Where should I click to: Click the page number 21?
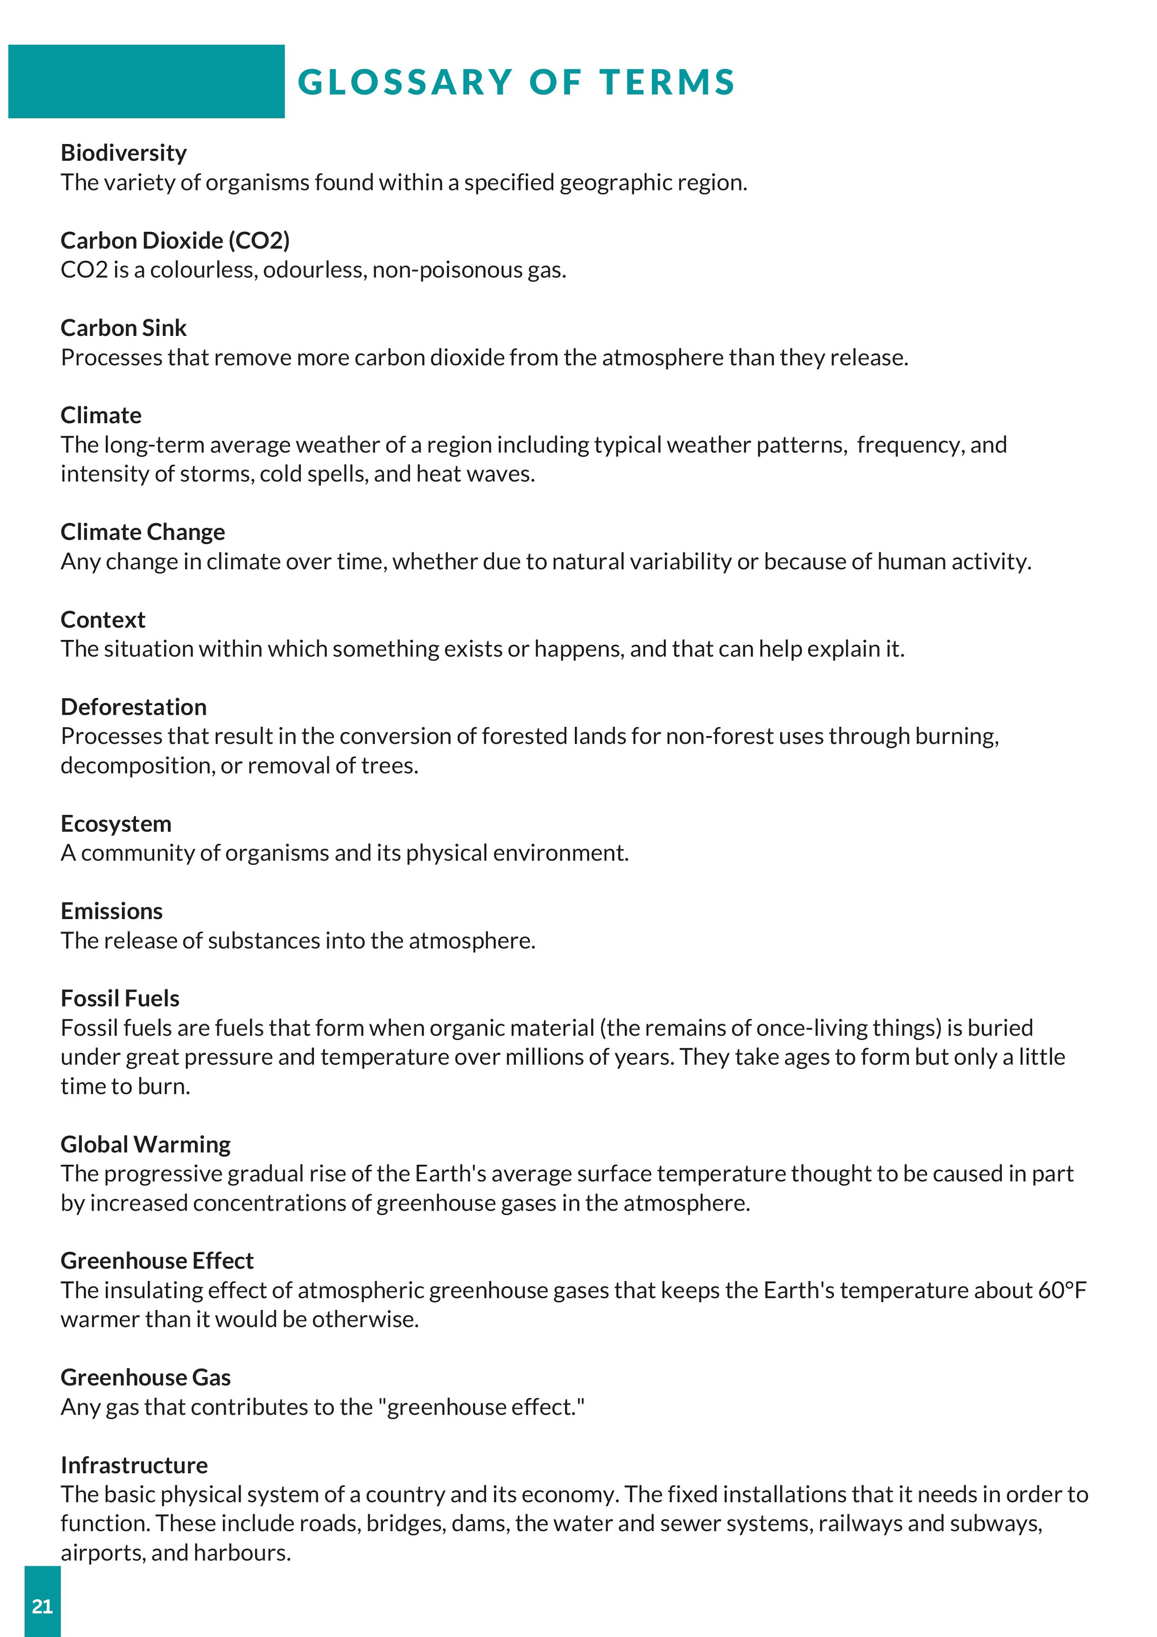coord(42,1606)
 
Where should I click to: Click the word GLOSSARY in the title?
coord(405,82)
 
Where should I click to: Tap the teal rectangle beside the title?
coord(146,81)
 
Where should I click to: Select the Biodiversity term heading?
coord(123,153)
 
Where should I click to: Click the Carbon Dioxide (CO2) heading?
coord(175,240)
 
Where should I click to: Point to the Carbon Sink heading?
coord(123,328)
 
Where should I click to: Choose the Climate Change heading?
coord(143,532)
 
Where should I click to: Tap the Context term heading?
coord(103,620)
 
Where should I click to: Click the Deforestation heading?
coord(133,707)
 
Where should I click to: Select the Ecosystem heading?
coord(116,823)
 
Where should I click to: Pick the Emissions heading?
coord(111,911)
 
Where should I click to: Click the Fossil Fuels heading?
coord(120,998)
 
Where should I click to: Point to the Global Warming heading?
coord(145,1144)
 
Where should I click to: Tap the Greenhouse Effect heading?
coord(157,1261)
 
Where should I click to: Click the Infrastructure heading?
coord(134,1465)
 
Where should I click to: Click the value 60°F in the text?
coord(1062,1290)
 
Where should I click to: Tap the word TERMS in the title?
coord(667,82)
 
